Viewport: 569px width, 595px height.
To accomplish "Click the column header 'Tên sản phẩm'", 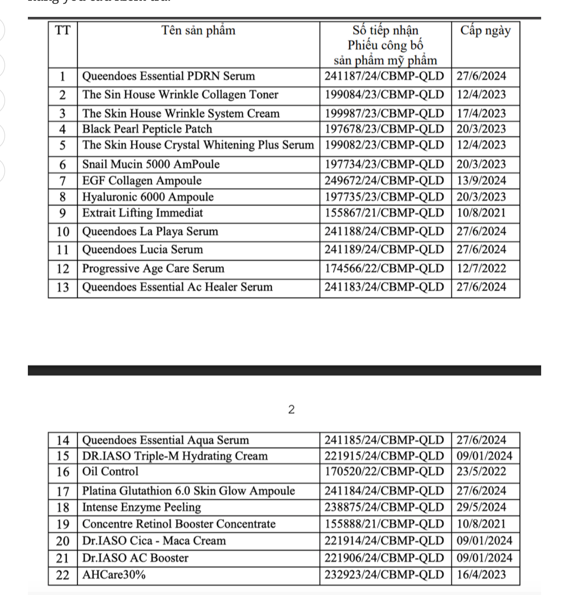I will pos(198,30).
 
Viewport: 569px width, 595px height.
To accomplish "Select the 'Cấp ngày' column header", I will pos(485,30).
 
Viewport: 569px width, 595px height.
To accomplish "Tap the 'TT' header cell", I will pos(63,30).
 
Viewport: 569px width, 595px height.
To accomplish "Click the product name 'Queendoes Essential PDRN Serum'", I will pos(168,76).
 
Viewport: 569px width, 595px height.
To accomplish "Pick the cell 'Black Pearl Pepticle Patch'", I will pos(147,129).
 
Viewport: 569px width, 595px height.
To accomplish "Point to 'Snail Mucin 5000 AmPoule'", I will pos(151,164).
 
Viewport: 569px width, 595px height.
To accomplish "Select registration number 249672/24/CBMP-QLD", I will pos(384,181).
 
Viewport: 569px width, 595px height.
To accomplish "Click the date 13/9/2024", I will pos(481,181).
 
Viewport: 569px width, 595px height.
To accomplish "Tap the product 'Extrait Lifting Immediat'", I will pos(142,213).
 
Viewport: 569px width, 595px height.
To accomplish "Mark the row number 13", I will pos(63,287).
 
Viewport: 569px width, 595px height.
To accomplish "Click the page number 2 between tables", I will pos(291,409).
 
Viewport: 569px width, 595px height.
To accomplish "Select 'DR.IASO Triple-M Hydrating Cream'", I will pos(175,456).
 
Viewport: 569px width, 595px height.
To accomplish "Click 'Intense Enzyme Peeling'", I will pos(142,507).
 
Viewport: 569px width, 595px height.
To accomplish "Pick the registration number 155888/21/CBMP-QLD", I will pos(384,524).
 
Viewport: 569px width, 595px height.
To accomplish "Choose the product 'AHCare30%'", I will pos(114,575).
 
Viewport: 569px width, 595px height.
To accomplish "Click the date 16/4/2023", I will pos(481,575).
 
